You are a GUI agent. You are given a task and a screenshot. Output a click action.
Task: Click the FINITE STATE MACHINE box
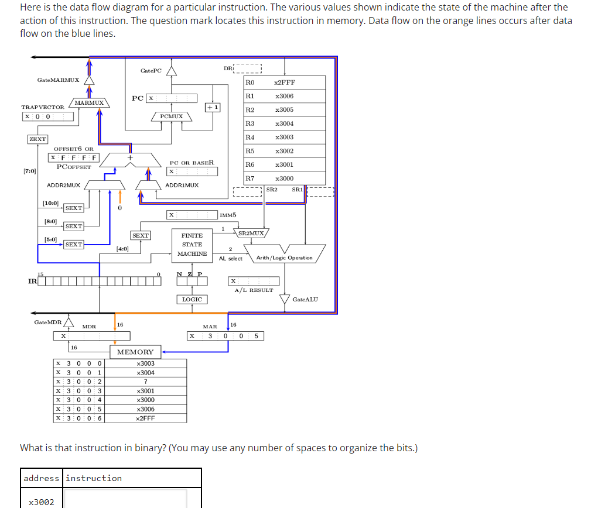click(192, 244)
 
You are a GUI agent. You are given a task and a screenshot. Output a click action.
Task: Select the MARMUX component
click(89, 103)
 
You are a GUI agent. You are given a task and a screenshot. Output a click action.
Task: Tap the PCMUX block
click(171, 116)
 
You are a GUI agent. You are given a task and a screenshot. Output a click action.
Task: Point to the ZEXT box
click(37, 139)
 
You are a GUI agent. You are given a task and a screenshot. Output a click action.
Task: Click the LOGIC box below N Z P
click(192, 299)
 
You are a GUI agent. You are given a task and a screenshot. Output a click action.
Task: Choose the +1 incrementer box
click(213, 107)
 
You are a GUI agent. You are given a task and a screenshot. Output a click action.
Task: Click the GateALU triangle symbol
click(285, 300)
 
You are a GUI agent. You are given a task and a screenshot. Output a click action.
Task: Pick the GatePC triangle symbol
click(171, 71)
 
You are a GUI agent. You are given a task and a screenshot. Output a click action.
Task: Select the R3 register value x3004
click(284, 123)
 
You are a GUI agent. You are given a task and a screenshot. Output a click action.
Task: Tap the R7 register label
click(250, 179)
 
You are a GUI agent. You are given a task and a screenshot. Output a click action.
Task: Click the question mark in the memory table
click(145, 382)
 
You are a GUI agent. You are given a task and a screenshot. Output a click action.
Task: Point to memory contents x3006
click(145, 409)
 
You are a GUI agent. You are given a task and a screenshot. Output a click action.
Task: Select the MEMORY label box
click(135, 352)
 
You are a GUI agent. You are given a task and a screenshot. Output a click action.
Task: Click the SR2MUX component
click(252, 234)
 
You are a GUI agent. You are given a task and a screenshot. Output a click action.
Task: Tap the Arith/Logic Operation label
click(285, 258)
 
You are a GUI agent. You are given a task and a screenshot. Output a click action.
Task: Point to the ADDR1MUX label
click(182, 185)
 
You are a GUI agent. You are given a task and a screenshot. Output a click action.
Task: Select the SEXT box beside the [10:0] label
click(73, 208)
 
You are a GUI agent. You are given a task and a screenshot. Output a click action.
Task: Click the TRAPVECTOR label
click(43, 107)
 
